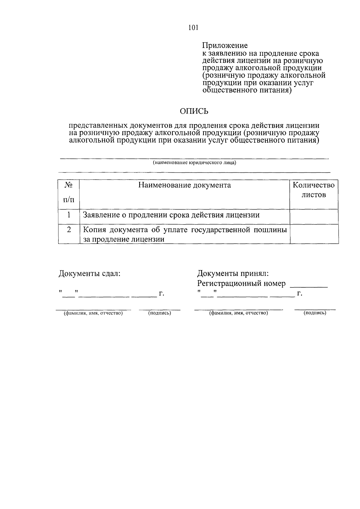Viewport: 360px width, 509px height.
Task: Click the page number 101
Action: click(193, 28)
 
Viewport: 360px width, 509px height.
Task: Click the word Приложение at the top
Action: click(225, 46)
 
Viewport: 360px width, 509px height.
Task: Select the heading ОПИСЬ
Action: click(194, 111)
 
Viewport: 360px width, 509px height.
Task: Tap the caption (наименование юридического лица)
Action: click(194, 163)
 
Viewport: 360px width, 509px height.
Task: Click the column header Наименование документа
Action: click(184, 185)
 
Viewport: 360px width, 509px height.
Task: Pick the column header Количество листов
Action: click(313, 190)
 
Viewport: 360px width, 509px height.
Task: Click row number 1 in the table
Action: click(69, 215)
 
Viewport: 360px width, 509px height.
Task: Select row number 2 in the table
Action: click(69, 230)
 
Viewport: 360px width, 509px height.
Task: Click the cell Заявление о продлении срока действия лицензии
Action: click(171, 215)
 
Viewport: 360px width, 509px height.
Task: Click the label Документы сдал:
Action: click(89, 273)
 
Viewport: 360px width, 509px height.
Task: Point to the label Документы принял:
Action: click(233, 273)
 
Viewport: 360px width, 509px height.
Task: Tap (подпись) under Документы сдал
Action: click(160, 313)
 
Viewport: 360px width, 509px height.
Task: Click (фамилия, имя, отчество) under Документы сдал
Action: click(93, 313)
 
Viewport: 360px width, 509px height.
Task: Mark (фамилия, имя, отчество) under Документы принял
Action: click(238, 313)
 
